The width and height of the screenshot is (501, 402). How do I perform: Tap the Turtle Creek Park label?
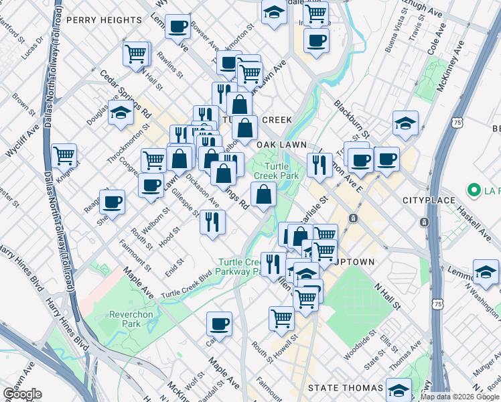(281, 171)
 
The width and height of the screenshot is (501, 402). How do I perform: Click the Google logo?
(21, 394)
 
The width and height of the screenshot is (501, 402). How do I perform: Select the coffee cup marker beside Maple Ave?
(219, 325)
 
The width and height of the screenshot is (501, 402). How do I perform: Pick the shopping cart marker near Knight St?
(64, 157)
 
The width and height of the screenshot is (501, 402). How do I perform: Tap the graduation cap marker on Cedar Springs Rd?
(121, 114)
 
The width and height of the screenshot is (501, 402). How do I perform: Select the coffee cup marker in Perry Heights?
(177, 27)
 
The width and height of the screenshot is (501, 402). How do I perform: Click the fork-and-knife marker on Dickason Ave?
(212, 220)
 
